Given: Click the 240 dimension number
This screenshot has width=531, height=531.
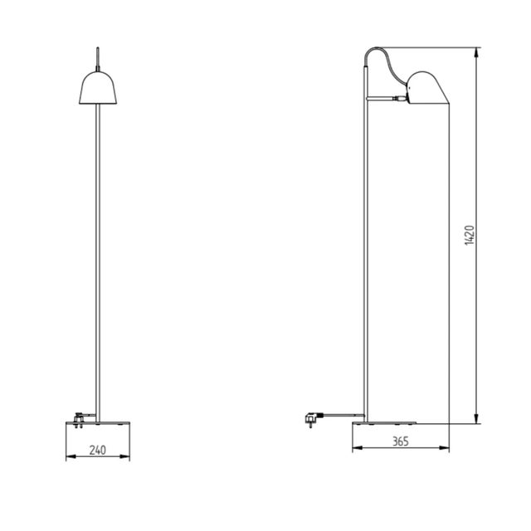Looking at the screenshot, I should coord(98,452).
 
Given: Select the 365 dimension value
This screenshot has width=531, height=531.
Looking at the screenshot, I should coord(401,442).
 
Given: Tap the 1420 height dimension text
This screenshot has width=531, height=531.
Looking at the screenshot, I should coord(469,236).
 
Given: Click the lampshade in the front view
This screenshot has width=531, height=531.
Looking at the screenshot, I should coord(98,89).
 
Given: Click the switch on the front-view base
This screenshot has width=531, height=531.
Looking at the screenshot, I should coord(80,418).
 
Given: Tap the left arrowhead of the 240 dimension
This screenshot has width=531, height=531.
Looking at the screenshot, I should coord(68,458).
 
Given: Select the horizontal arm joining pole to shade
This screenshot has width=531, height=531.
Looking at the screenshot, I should coord(386,99).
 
